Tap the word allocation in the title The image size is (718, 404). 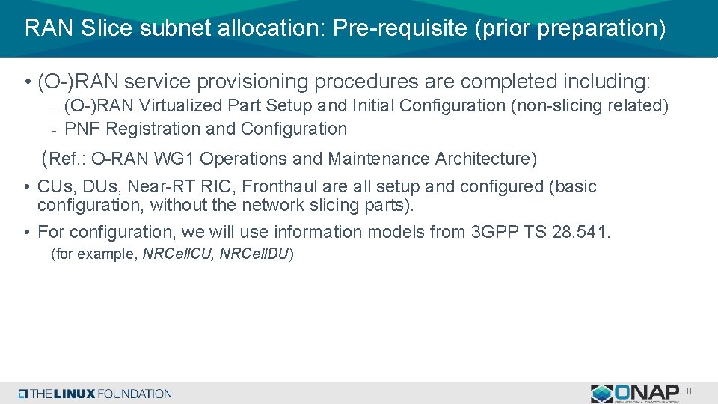(278, 28)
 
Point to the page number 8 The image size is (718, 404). (689, 391)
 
